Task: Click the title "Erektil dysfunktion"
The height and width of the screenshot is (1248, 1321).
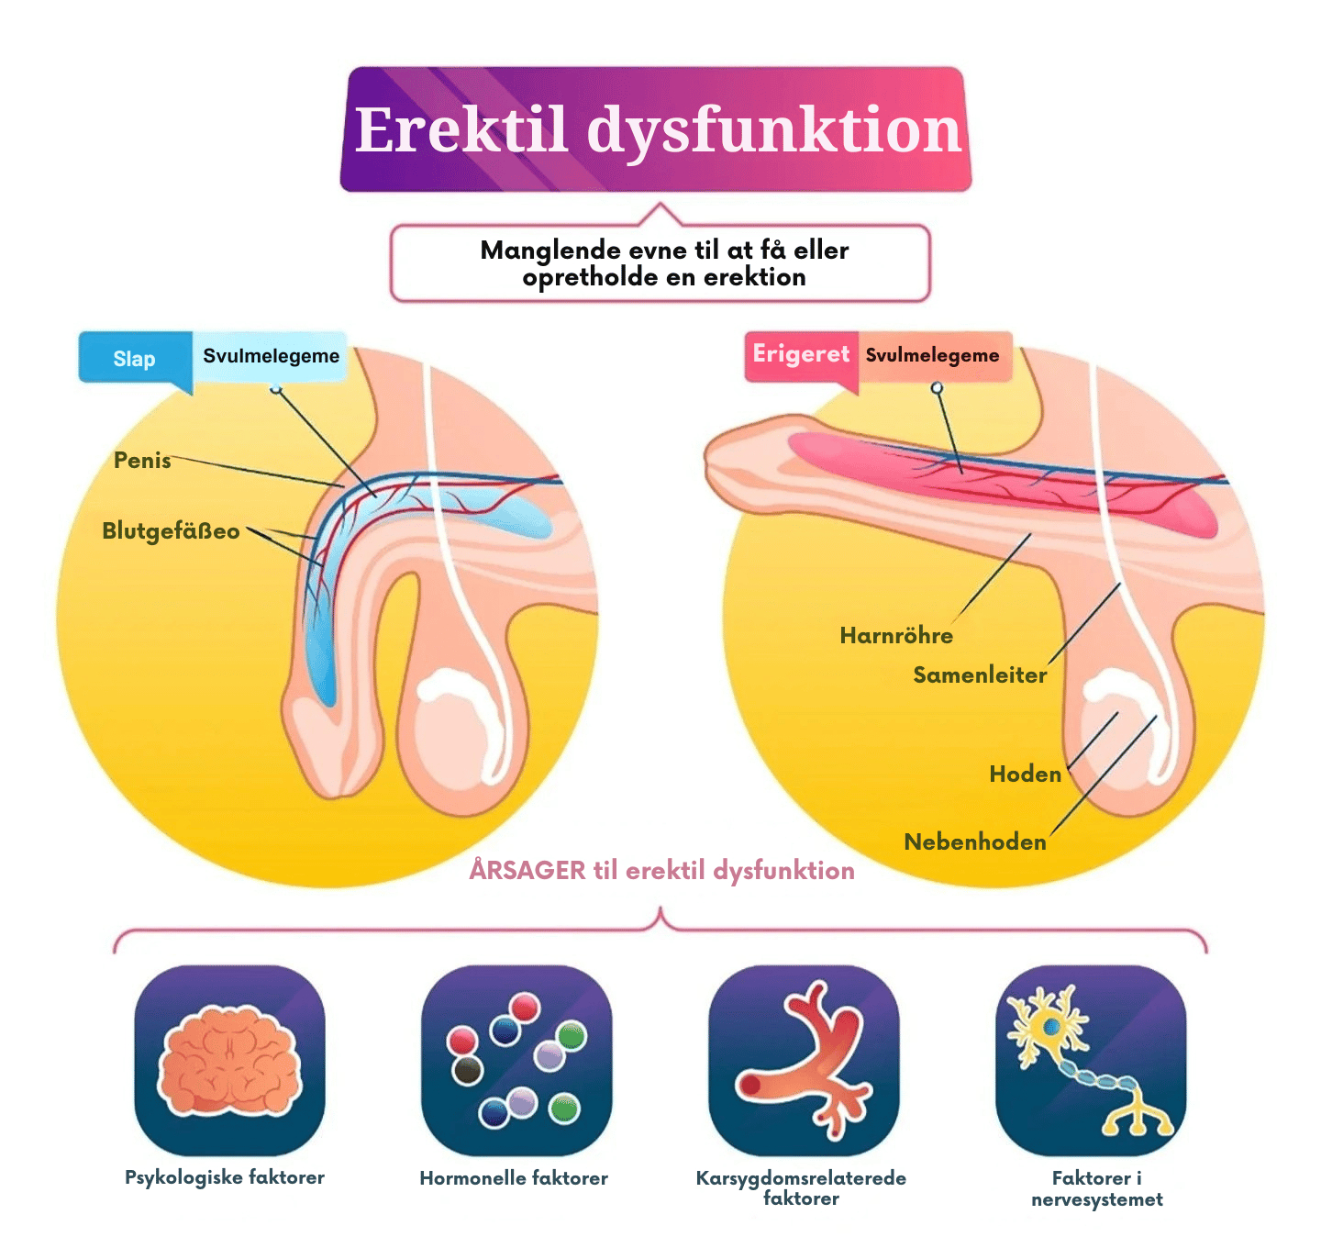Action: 657,129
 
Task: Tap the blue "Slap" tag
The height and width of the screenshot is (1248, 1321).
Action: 134,359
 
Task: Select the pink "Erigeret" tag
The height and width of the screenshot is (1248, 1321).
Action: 801,354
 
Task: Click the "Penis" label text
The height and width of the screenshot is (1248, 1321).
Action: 142,461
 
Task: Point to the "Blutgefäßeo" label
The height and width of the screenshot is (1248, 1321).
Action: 171,531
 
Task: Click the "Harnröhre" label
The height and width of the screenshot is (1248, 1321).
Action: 896,636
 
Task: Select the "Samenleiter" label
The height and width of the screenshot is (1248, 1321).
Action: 980,675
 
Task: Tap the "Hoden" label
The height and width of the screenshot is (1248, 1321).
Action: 1025,774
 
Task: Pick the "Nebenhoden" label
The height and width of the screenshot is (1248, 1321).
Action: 975,842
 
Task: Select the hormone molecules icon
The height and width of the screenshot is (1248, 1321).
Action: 516,1060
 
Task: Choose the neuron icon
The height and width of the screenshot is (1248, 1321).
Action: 1091,1060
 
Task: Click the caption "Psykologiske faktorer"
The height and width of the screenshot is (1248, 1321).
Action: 225,1177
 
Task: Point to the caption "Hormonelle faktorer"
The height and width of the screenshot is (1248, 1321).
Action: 514,1178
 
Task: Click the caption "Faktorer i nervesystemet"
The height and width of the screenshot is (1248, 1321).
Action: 1097,1188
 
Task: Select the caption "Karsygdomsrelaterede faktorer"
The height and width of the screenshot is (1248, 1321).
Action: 801,1187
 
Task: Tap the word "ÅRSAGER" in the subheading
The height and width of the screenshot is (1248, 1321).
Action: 527,870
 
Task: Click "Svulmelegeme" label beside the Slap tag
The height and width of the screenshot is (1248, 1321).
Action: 271,356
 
